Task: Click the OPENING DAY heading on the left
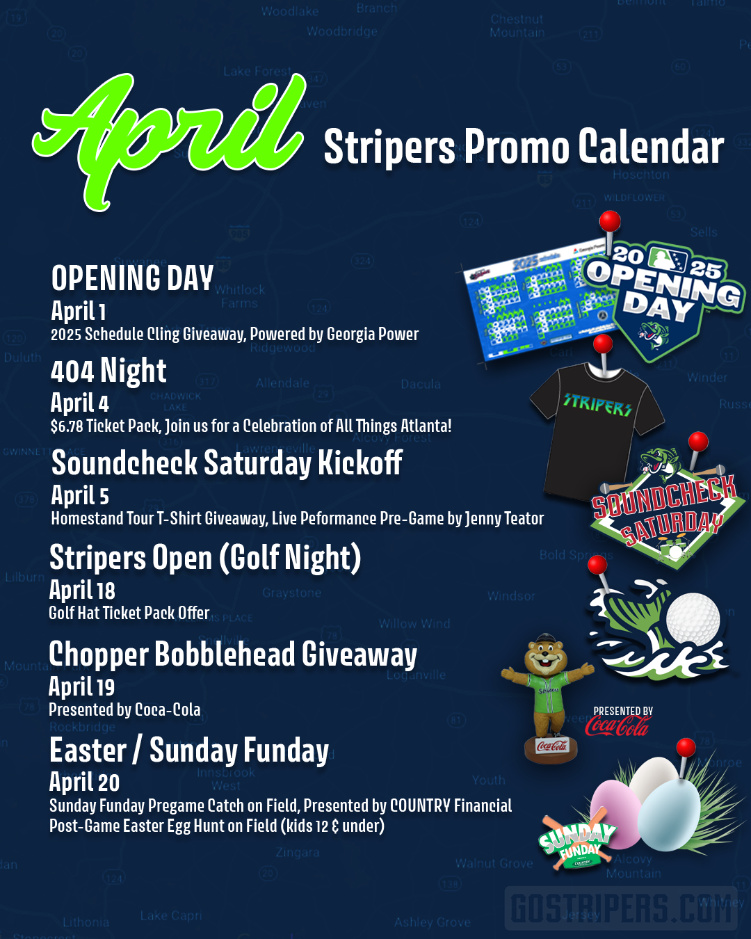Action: (x=132, y=278)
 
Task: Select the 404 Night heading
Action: (x=108, y=371)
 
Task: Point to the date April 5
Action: (x=80, y=496)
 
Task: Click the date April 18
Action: (x=82, y=591)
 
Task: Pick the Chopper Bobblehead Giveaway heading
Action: (x=233, y=655)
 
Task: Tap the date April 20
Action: (x=84, y=782)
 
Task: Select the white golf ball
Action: (x=693, y=618)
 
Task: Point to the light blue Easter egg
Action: (x=669, y=814)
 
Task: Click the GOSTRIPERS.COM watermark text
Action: (x=621, y=908)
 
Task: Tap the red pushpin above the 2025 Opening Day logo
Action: (x=610, y=222)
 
